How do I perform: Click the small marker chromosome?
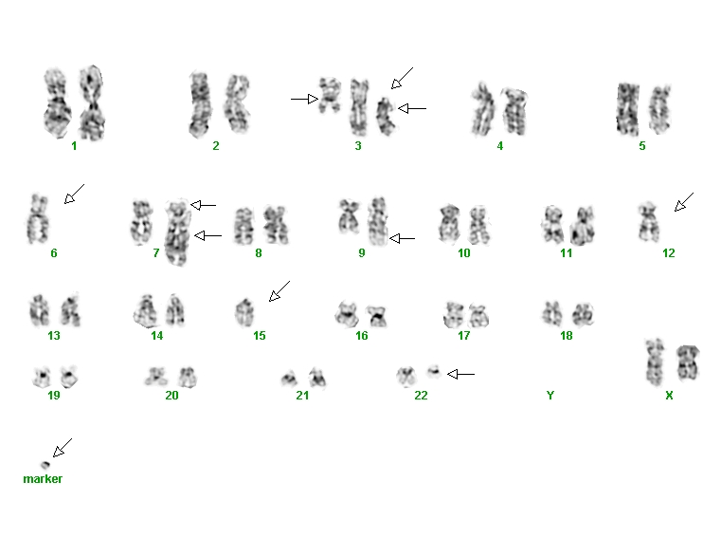(x=45, y=465)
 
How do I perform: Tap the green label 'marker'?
(x=43, y=479)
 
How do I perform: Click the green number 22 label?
(x=421, y=396)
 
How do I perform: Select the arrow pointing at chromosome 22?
(x=460, y=374)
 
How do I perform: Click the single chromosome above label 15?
(x=244, y=312)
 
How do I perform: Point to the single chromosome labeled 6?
(x=37, y=219)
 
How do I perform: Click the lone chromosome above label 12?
(x=649, y=221)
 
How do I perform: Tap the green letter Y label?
(x=550, y=396)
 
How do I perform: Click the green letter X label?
(x=669, y=396)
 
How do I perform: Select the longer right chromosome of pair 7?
(x=176, y=232)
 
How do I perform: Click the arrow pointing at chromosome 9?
(x=403, y=238)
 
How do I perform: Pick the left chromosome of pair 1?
(x=57, y=102)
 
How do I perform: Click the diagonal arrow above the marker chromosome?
(x=63, y=448)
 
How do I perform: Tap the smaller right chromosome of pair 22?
(x=434, y=371)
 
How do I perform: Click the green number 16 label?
(x=361, y=335)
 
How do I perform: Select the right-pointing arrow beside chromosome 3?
(x=304, y=99)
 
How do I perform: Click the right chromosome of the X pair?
(x=688, y=362)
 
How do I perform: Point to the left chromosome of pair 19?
(x=42, y=378)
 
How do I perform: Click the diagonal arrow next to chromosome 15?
(x=279, y=291)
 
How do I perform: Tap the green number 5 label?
(x=642, y=146)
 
